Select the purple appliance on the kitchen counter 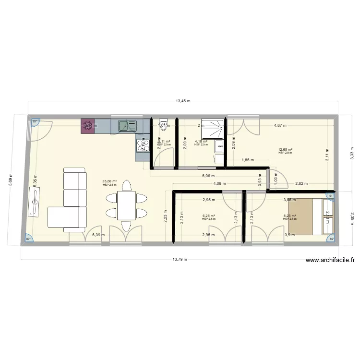pos(88,126)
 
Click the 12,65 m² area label pos(285,150)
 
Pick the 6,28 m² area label pos(209,216)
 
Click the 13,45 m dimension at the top pos(183,101)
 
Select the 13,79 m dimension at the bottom pos(180,259)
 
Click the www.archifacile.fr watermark pos(330,261)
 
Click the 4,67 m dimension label pos(280,126)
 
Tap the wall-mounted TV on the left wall pos(35,202)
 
